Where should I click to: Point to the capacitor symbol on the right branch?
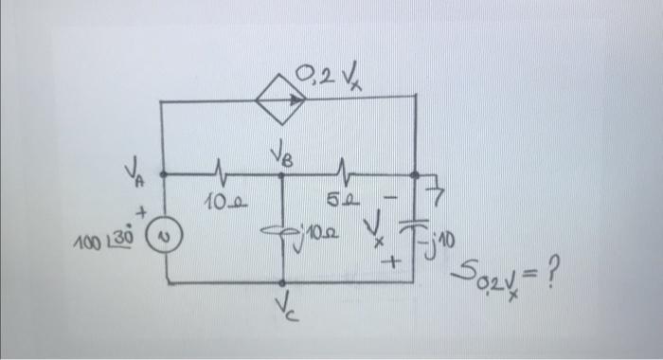point(413,228)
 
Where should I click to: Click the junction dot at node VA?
point(163,174)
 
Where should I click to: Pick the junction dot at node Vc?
point(283,281)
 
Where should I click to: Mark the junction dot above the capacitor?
point(415,174)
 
